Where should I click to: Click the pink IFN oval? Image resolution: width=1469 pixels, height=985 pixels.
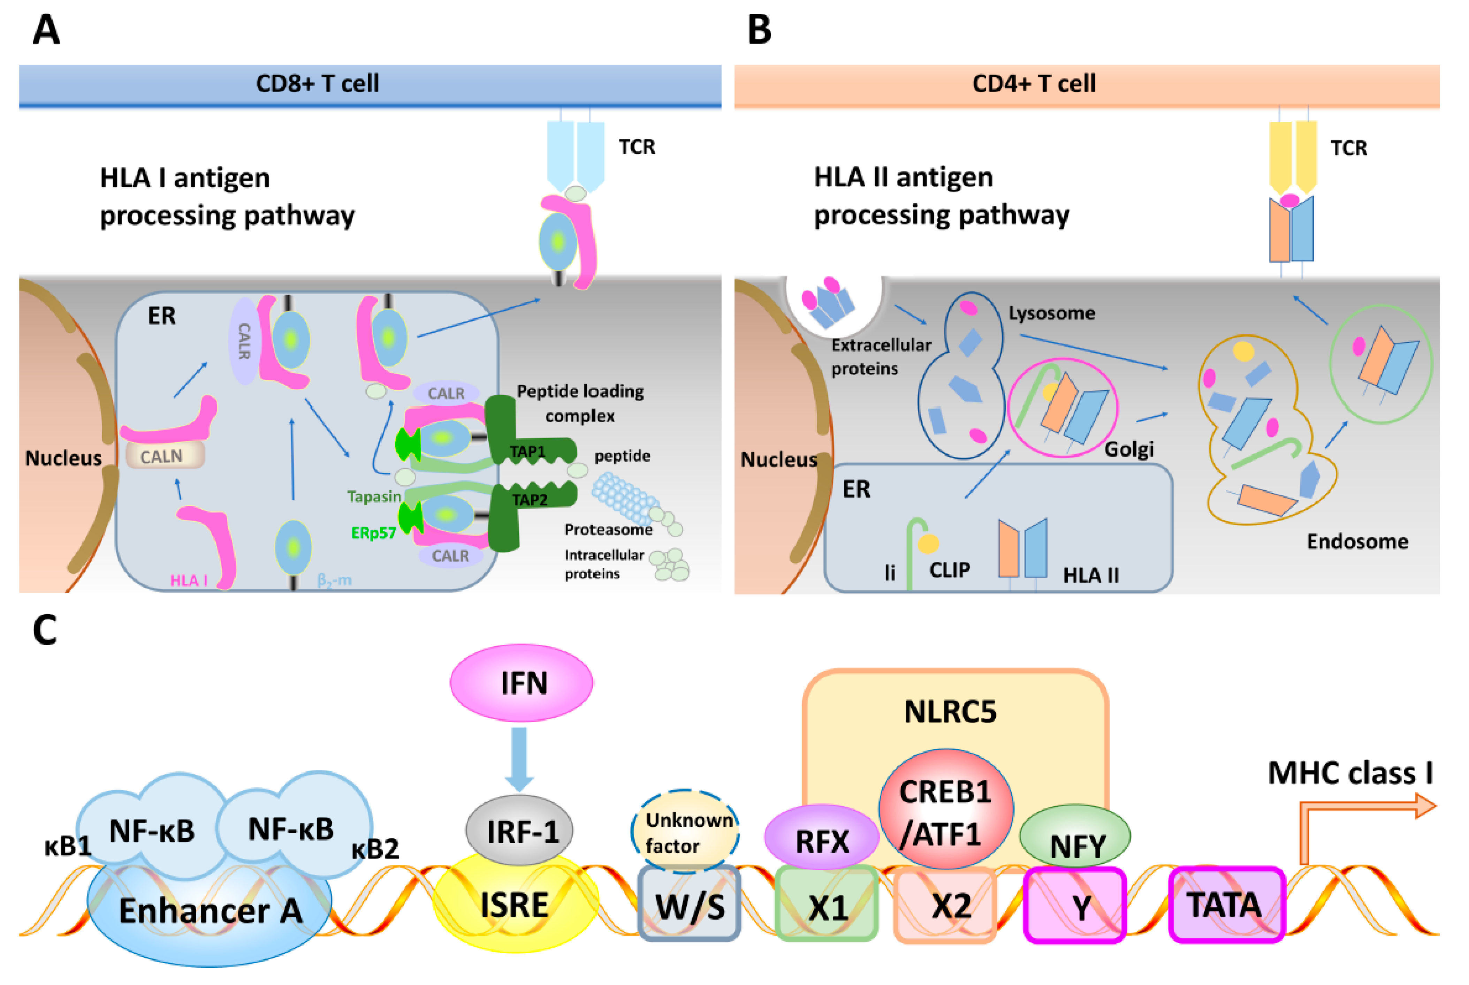tap(521, 683)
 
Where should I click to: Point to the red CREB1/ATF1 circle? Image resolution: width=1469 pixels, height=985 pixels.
tap(945, 810)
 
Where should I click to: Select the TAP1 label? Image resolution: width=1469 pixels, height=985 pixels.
tap(527, 451)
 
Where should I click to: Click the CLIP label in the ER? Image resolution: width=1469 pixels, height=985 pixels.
tap(949, 570)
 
